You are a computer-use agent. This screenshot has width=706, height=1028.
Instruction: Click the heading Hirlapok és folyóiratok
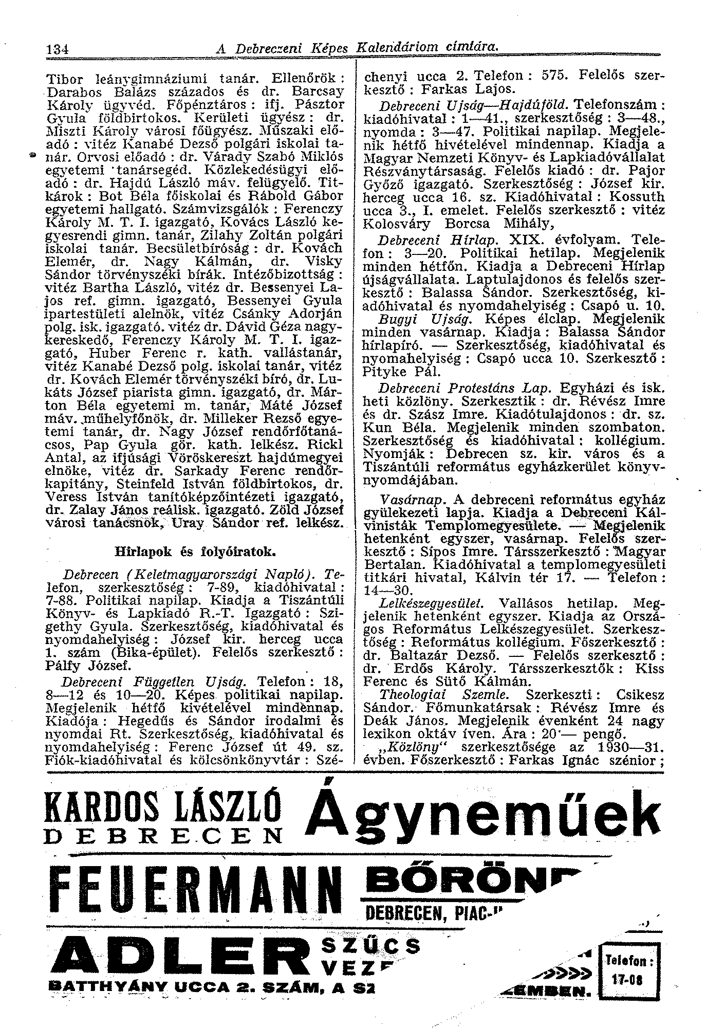click(196, 552)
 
